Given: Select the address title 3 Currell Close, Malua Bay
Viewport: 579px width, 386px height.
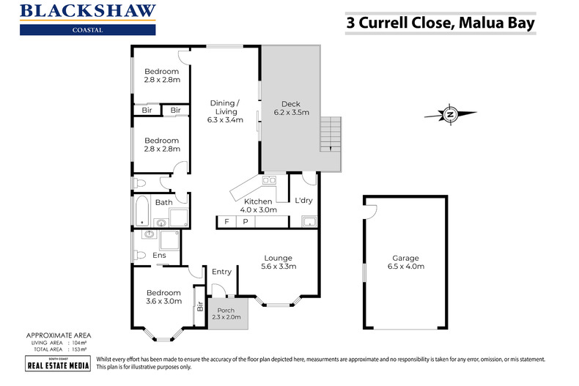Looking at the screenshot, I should click(440, 23).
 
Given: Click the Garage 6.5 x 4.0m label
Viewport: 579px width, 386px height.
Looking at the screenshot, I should click(405, 262).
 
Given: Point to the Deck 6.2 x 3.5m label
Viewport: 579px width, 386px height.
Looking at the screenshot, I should click(291, 108).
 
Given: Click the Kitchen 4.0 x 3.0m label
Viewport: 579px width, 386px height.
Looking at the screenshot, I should click(259, 206).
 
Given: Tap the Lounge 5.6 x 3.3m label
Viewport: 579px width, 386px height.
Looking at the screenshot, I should click(279, 262).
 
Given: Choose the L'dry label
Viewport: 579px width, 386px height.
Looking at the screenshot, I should click(303, 201).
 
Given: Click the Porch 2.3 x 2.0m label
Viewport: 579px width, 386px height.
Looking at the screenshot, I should click(228, 313).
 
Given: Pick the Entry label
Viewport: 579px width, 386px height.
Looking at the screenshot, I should click(221, 272).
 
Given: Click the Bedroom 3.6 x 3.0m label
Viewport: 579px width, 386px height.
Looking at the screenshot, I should click(163, 297).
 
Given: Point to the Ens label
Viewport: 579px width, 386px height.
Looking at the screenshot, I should click(159, 256).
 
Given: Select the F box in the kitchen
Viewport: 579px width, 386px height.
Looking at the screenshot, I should click(226, 221).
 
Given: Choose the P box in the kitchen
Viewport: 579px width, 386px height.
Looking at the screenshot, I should click(246, 221).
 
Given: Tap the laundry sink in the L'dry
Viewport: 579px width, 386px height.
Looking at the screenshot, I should click(309, 222).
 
